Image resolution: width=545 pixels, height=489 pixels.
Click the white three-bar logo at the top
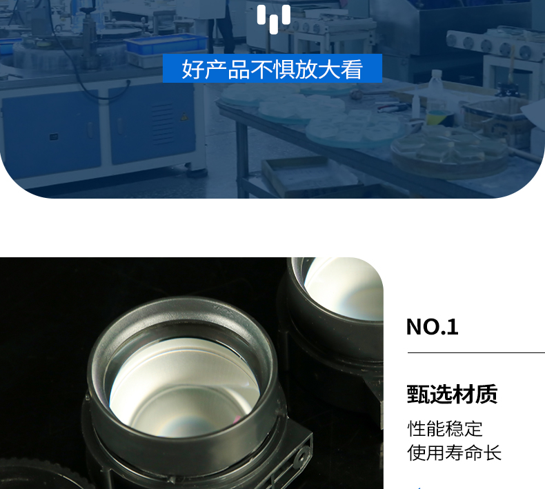pyautogui.click(x=274, y=19)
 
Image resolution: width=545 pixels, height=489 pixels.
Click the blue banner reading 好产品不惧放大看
pyautogui.click(x=272, y=68)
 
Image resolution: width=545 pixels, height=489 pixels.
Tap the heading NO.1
pyautogui.click(x=432, y=327)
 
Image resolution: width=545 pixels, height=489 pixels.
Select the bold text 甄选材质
pyautogui.click(x=452, y=394)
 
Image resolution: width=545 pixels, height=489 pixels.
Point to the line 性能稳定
pyautogui.click(x=445, y=428)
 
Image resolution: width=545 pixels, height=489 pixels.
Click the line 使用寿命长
pyautogui.click(x=455, y=452)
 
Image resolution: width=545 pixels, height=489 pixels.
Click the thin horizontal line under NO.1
pyautogui.click(x=476, y=352)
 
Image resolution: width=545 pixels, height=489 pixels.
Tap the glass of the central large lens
pyautogui.click(x=185, y=386)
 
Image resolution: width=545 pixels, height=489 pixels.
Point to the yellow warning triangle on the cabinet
pyautogui.click(x=184, y=117)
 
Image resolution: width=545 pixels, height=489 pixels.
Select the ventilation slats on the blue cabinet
pyautogui.click(x=162, y=123)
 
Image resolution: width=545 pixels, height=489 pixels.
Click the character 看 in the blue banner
pyautogui.click(x=351, y=69)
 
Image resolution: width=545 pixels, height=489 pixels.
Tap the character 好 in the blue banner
pyautogui.click(x=192, y=69)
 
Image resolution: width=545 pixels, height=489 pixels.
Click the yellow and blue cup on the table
pyautogui.click(x=439, y=118)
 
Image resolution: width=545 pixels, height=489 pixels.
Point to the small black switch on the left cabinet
pyautogui.click(x=54, y=137)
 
